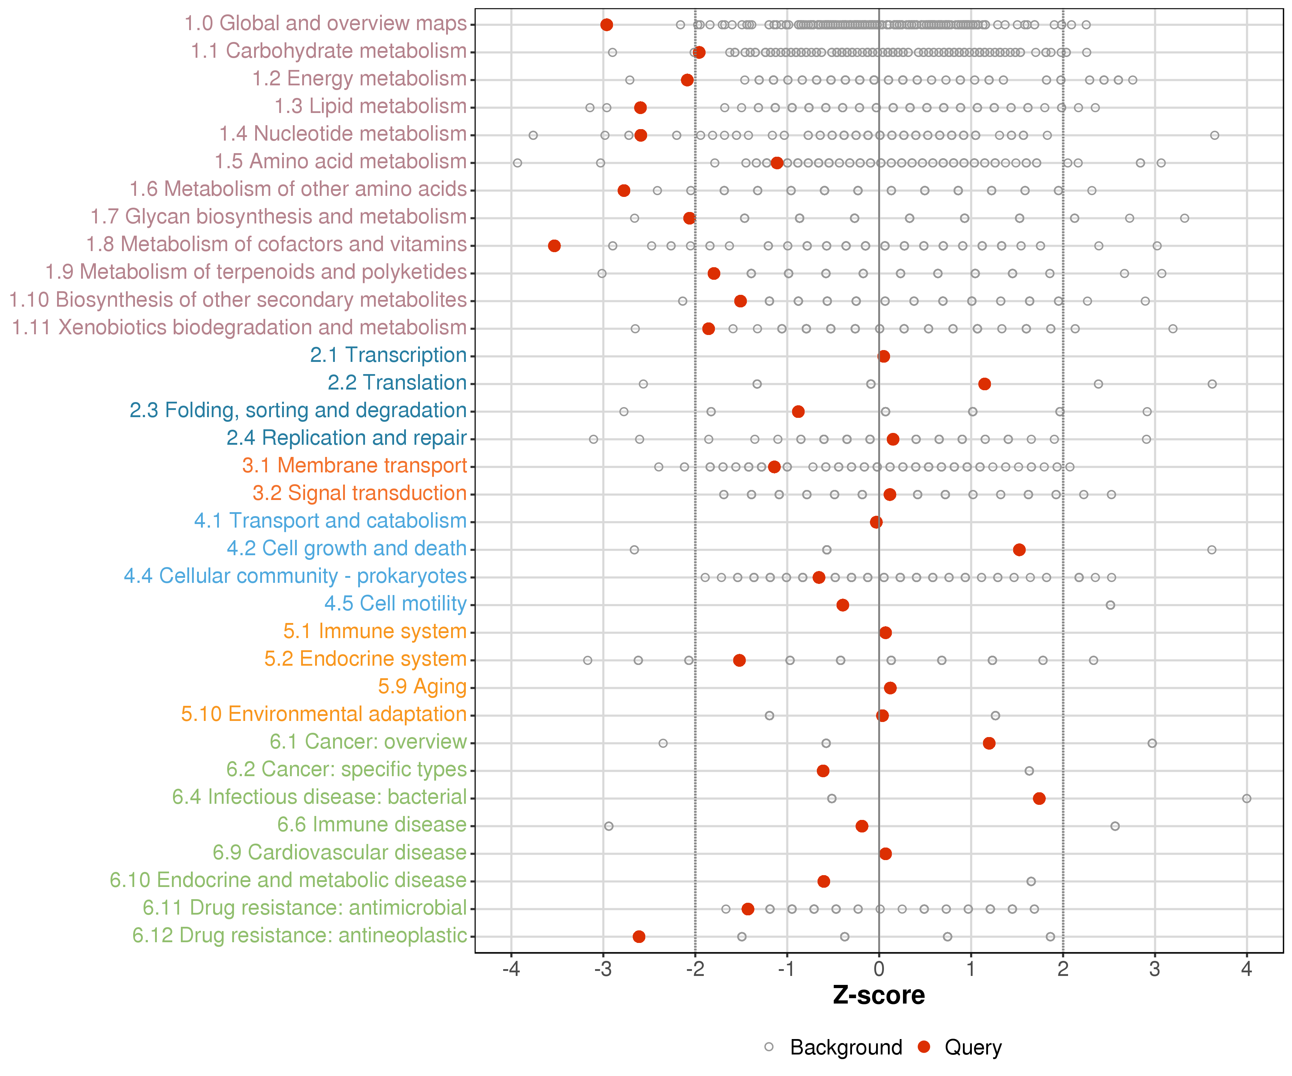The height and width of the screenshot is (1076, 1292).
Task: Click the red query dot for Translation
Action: click(x=984, y=384)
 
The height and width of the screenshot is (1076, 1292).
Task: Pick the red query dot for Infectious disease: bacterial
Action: click(x=1039, y=798)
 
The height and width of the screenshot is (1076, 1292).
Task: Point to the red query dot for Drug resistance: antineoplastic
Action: click(x=638, y=936)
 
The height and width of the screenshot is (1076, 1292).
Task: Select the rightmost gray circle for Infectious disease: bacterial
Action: click(x=1246, y=798)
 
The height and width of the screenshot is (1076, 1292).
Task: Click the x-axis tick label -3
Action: click(x=603, y=970)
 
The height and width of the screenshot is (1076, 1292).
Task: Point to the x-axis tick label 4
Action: click(x=1246, y=970)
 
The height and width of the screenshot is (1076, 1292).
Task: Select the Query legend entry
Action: click(x=973, y=1047)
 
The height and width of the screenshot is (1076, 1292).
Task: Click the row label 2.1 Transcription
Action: click(x=388, y=355)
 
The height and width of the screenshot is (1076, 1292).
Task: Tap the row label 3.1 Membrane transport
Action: click(x=354, y=466)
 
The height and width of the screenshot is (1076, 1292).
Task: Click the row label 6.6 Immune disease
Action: click(x=371, y=825)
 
